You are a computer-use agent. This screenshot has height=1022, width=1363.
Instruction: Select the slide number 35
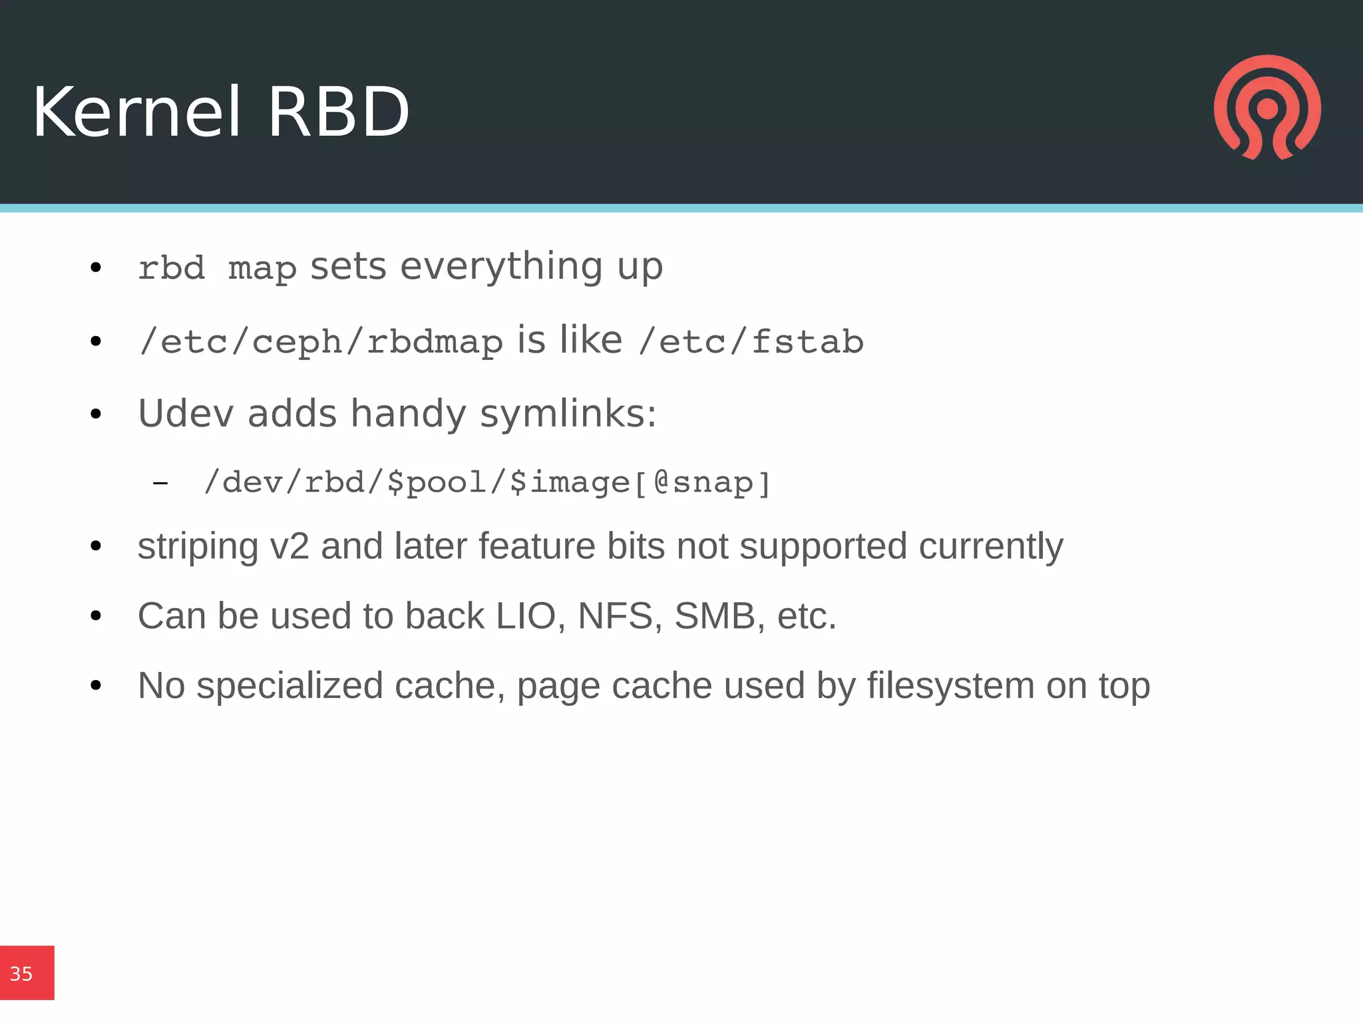click(21, 974)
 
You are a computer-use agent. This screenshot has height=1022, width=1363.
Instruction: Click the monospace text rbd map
click(217, 269)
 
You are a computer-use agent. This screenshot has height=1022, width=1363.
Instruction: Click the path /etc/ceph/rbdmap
click(321, 342)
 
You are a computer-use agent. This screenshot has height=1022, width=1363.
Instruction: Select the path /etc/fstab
click(751, 342)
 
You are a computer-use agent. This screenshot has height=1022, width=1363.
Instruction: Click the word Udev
click(186, 413)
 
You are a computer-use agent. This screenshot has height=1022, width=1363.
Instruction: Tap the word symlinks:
click(568, 415)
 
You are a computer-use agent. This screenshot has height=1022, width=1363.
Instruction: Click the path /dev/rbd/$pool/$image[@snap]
click(487, 482)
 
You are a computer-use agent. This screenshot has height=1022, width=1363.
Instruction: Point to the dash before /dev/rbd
click(160, 483)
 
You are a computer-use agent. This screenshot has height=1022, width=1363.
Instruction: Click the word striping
click(198, 547)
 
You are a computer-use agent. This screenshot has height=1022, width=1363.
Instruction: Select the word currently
click(990, 547)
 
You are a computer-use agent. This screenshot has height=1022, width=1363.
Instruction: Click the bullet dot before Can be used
click(96, 616)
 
